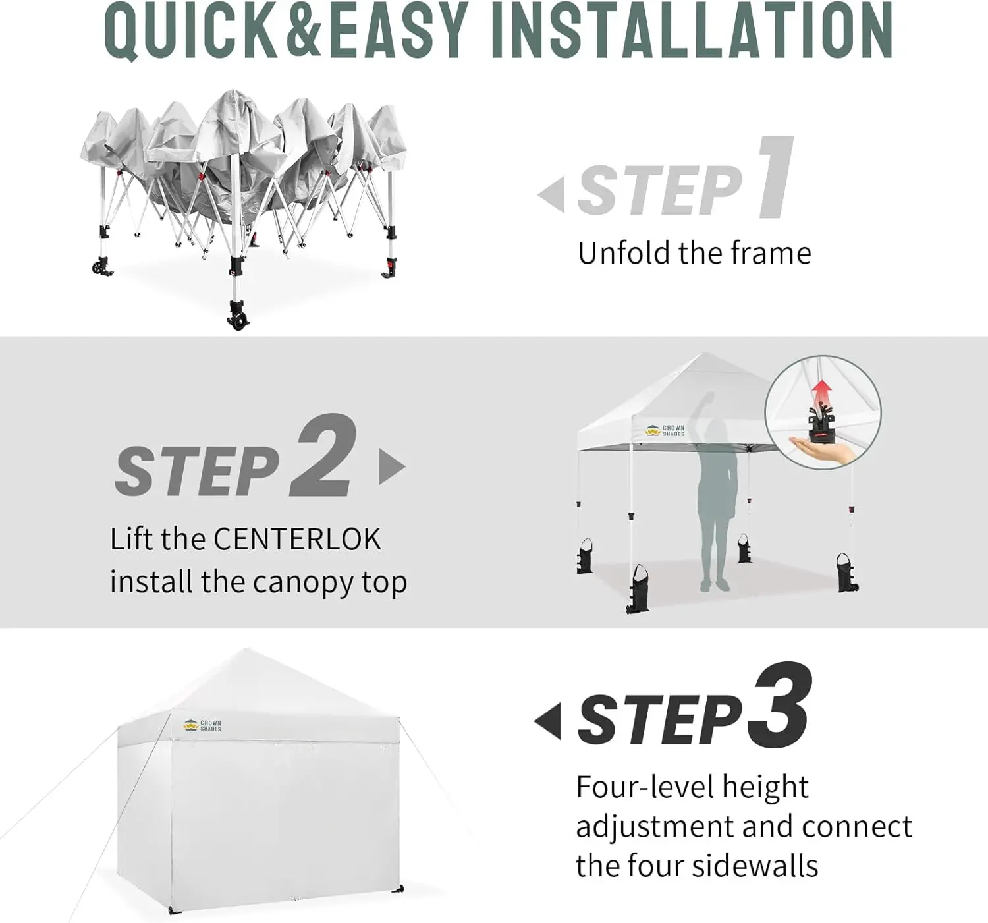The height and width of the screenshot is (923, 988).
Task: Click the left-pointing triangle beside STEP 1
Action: (x=551, y=194)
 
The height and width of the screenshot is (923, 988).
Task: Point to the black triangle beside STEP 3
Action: (x=547, y=721)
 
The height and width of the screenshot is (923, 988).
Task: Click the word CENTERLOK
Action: (x=298, y=539)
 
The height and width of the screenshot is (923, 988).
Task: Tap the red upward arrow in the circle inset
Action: (x=821, y=396)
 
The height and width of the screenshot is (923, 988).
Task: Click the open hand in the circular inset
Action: (x=822, y=451)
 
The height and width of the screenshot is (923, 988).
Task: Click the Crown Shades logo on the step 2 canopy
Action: (x=665, y=431)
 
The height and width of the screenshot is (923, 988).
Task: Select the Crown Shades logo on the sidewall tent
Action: (x=202, y=725)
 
